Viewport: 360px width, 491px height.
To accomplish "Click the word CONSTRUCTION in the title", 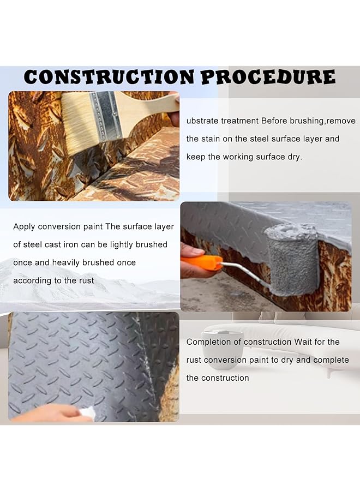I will [x=110, y=76].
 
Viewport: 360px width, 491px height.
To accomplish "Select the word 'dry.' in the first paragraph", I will [x=293, y=157].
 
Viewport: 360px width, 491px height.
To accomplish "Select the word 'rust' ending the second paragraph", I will [x=85, y=280].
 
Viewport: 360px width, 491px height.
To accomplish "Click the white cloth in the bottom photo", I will [x=87, y=413].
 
